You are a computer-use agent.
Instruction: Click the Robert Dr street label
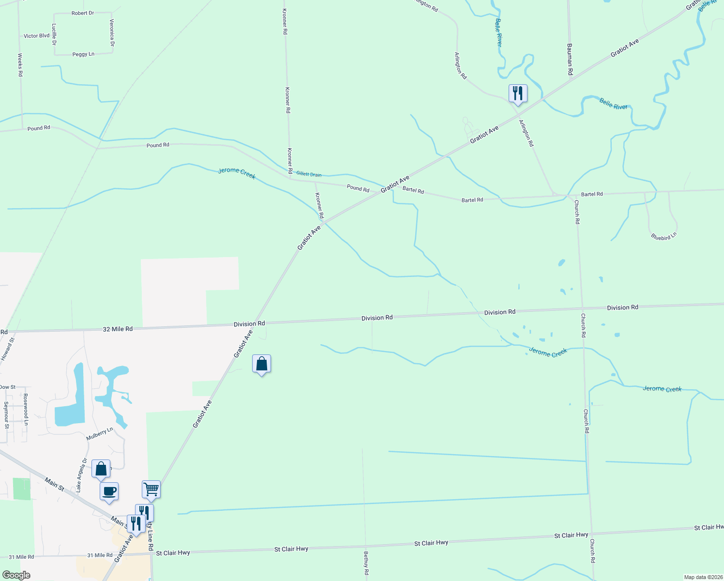83,13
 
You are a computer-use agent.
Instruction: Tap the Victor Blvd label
37,36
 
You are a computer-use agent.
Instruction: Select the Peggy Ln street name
83,54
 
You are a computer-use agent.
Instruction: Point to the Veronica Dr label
112,33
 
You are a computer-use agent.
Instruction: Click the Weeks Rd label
20,65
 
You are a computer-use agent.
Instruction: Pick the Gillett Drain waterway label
309,174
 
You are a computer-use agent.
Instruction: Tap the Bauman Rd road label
570,59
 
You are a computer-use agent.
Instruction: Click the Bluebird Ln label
664,237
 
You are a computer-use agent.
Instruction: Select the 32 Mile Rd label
118,329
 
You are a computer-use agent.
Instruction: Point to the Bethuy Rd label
366,563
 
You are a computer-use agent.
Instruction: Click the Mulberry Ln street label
100,434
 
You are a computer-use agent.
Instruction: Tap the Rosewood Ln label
26,409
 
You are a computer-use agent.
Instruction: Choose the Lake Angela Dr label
81,475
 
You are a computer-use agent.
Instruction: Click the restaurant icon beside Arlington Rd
518,93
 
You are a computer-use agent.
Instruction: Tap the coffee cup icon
109,491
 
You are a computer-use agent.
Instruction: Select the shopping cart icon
151,489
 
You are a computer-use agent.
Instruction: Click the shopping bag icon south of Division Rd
261,364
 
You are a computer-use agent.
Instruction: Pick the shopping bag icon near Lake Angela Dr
101,469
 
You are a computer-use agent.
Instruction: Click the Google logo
16,575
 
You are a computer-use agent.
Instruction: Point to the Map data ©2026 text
703,577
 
